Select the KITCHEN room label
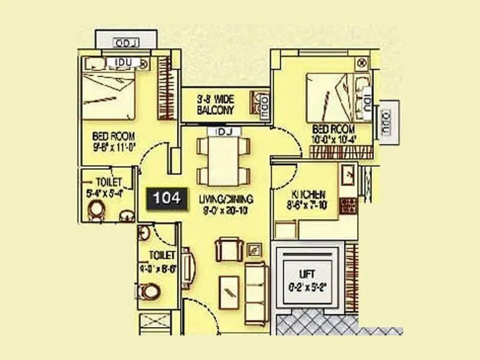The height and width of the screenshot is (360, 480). point(308,195)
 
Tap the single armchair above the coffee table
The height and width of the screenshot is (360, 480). point(229,248)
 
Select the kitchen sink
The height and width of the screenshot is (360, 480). point(348,176)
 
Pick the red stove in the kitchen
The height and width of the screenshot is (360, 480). point(347,206)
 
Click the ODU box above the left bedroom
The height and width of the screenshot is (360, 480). point(127,43)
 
